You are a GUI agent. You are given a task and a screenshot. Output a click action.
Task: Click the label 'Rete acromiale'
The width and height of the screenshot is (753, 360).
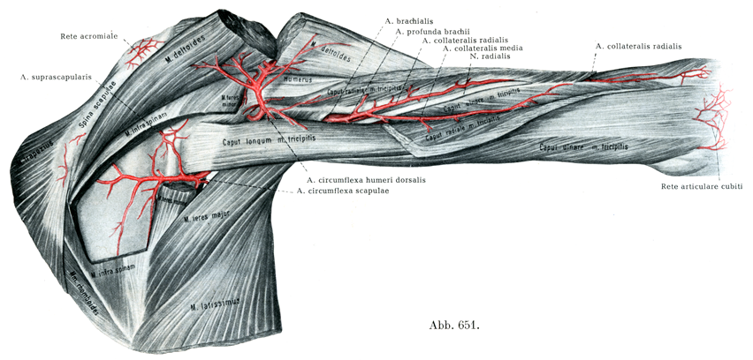click(x=88, y=36)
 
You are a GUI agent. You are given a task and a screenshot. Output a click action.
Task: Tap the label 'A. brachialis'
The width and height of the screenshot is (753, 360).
click(x=411, y=19)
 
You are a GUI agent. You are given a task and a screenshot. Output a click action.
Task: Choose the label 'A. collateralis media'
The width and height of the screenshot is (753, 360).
click(x=484, y=49)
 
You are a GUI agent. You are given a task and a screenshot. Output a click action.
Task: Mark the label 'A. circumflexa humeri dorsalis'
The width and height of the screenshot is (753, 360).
click(x=366, y=180)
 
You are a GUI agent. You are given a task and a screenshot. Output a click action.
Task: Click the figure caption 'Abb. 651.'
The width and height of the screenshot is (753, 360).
click(x=453, y=326)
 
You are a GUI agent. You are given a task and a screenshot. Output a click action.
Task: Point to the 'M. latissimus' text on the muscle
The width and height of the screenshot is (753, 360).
click(x=216, y=305)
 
